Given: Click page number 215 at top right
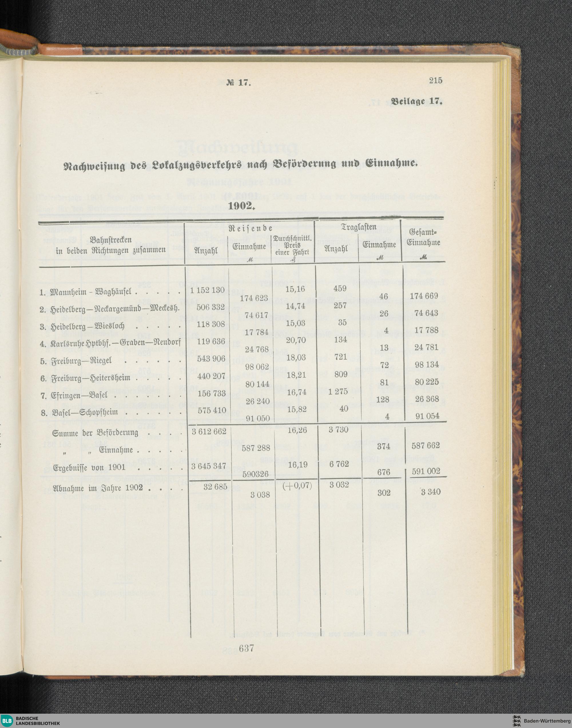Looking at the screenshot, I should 435,80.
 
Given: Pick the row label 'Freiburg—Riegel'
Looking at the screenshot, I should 80,361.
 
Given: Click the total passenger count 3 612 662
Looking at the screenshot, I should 209,431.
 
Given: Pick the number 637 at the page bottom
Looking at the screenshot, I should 247,648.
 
